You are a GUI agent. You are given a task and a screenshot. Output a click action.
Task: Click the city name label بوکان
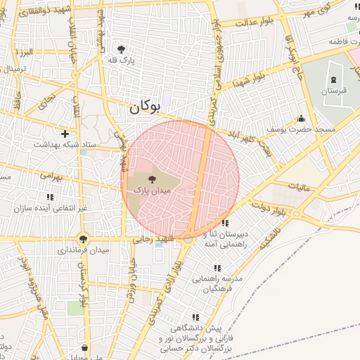coord(144,108)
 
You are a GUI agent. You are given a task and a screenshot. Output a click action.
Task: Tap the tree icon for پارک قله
coord(122,49)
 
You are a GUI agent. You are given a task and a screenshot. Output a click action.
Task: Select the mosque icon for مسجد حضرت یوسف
coord(301,118)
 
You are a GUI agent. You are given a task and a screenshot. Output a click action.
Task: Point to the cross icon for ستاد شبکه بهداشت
coord(65,133)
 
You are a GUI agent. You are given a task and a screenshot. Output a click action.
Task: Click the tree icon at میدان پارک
coord(153,179)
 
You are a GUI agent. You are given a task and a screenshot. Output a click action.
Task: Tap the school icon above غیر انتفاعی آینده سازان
coord(50,197)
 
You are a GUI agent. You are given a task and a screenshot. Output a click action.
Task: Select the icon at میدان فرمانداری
coord(84,239)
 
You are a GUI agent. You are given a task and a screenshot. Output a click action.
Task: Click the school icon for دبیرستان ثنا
coord(224,223)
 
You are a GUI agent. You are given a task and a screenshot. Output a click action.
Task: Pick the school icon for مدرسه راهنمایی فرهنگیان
coord(217,268)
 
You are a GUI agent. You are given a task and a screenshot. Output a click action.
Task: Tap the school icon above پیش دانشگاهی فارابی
coord(195,317)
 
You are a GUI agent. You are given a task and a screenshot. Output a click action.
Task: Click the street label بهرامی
coord(51,176)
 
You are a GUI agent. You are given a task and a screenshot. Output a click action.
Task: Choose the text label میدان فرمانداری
coord(84,250)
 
